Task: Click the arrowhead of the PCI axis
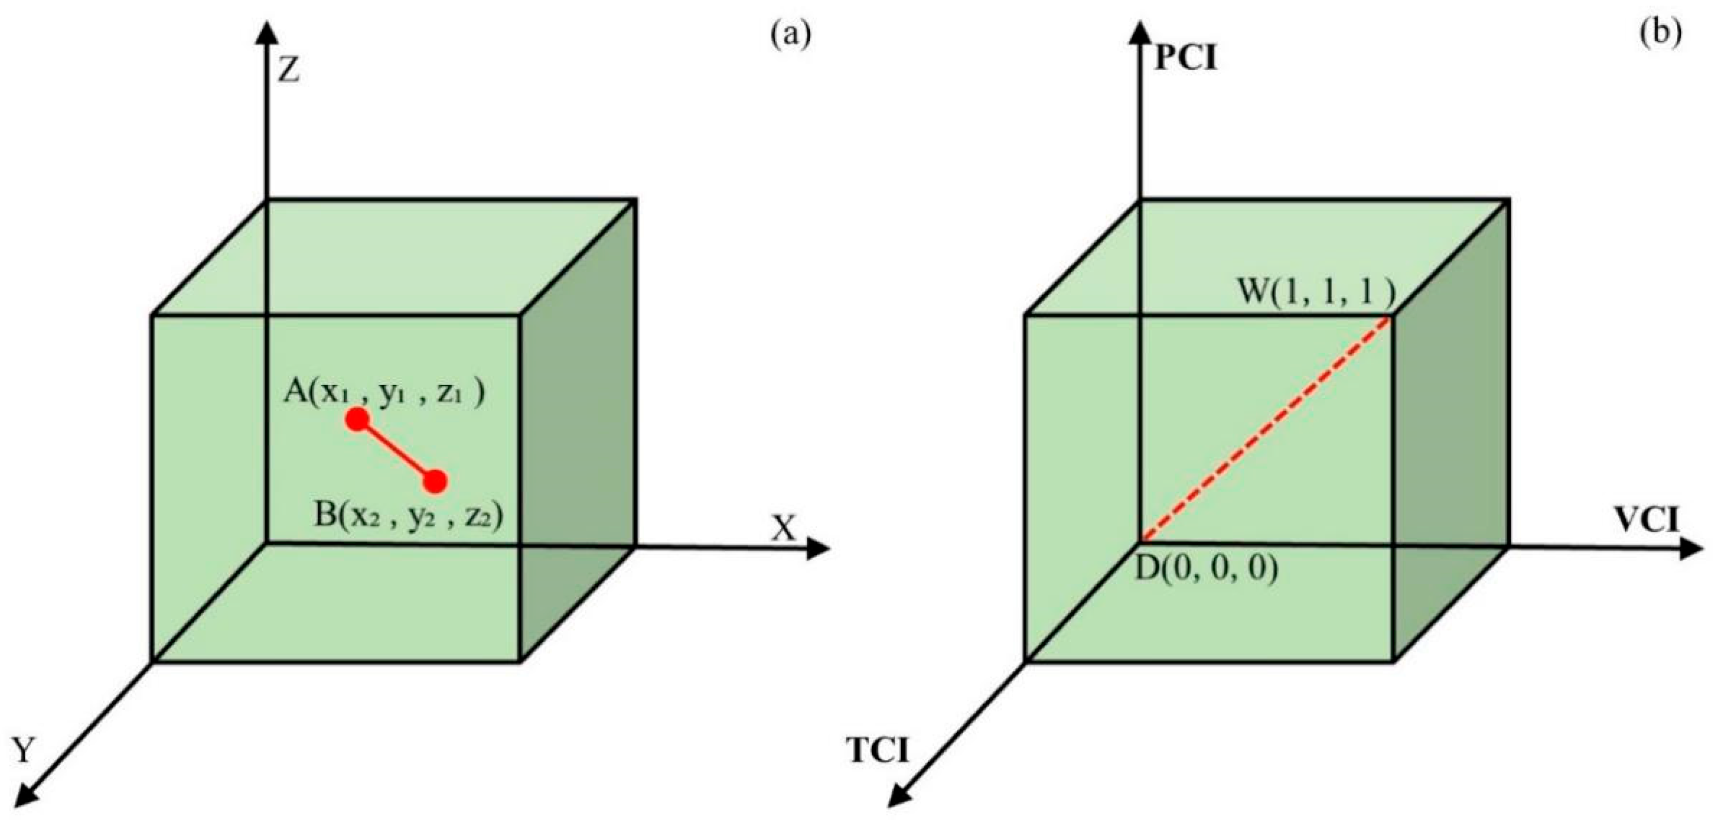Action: click(x=1138, y=33)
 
